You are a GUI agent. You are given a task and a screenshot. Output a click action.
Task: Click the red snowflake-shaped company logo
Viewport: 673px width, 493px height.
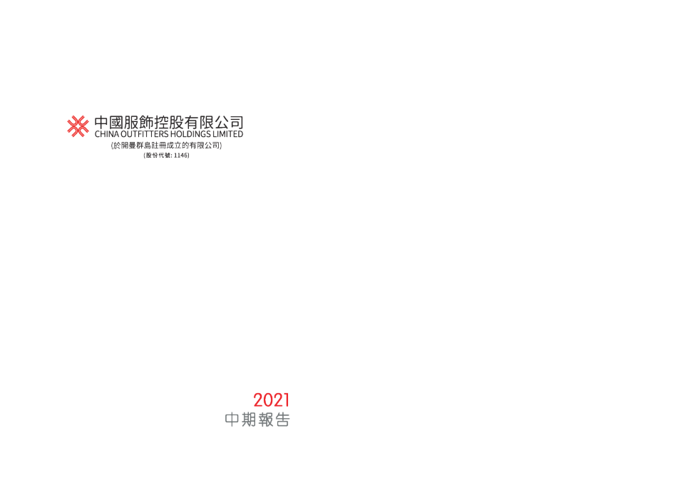coord(78,126)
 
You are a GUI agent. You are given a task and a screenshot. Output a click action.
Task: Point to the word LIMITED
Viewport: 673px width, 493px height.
coord(228,134)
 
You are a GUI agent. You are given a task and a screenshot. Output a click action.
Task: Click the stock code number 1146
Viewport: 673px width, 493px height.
coord(180,156)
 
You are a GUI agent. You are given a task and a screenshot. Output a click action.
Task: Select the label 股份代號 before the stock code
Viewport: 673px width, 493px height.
coord(158,156)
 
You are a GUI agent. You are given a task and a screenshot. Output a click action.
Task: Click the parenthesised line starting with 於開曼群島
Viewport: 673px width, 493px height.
coord(166,146)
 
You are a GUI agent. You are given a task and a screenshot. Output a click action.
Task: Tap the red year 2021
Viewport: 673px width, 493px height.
coord(272,400)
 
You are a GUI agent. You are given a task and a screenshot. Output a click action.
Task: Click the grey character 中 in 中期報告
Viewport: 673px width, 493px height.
coord(232,420)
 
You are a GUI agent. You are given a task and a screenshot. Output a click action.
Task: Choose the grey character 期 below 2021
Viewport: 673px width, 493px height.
coord(249,420)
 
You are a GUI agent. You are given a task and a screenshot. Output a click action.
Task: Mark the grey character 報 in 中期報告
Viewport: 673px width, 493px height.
coord(265,420)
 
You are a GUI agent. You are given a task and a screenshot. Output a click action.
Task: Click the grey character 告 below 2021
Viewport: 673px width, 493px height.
coord(282,420)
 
